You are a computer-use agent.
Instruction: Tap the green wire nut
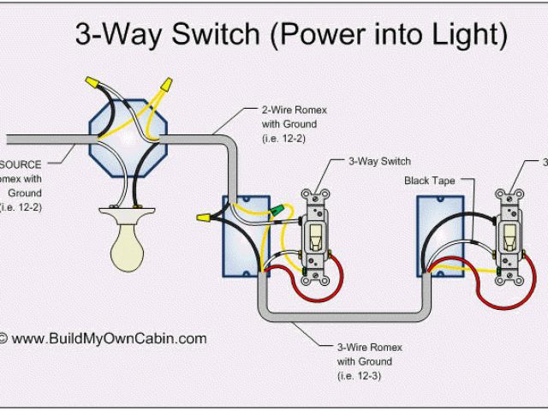pyautogui.click(x=277, y=209)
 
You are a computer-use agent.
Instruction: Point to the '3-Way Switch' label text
pyautogui.click(x=379, y=161)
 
